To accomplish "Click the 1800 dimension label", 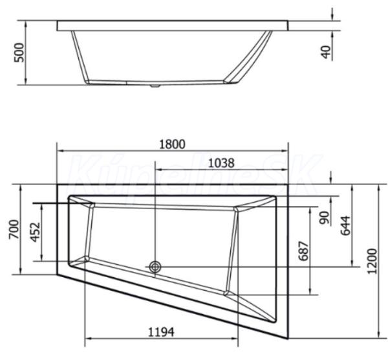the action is click(x=172, y=144).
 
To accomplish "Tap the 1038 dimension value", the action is click(x=221, y=163).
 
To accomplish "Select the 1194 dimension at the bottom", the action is click(x=161, y=332).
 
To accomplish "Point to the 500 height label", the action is click(x=20, y=52).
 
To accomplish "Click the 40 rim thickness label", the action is click(x=327, y=52).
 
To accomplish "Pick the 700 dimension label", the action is click(x=14, y=229).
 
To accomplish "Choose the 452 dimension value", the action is click(x=35, y=232).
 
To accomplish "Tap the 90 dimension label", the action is click(x=325, y=218).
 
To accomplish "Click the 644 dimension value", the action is click(x=345, y=225).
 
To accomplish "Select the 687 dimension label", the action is click(x=304, y=251).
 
